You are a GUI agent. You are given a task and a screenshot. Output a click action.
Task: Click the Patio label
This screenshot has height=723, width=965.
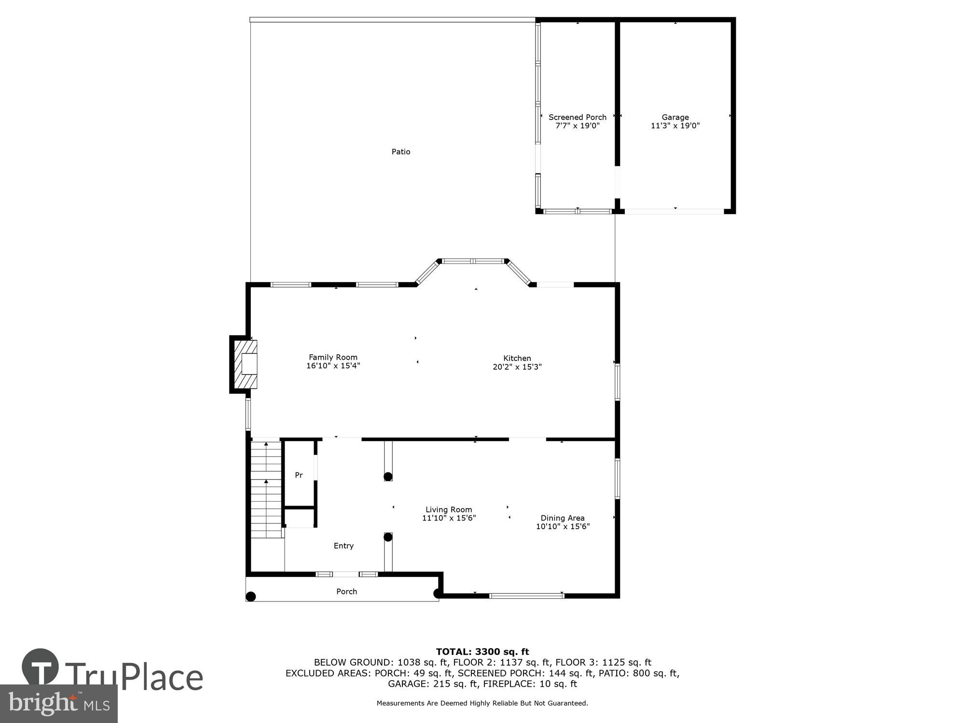click(400, 152)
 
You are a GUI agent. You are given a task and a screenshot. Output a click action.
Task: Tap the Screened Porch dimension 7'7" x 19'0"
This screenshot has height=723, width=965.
click(577, 126)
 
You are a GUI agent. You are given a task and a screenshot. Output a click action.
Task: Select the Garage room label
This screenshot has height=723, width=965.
click(675, 117)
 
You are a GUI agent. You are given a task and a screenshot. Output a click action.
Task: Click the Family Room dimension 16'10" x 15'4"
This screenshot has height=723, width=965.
click(333, 366)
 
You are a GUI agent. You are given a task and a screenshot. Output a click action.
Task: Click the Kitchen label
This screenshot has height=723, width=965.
click(517, 358)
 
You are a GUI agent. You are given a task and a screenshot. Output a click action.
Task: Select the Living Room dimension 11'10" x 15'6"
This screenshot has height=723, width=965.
click(449, 518)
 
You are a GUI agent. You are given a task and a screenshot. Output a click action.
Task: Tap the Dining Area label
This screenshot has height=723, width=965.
click(562, 518)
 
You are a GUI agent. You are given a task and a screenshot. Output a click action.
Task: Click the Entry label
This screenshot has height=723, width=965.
click(344, 546)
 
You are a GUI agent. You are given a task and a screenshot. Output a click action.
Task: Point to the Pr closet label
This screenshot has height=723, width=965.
click(299, 475)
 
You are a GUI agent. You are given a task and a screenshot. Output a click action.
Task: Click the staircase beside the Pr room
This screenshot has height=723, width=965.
click(266, 489)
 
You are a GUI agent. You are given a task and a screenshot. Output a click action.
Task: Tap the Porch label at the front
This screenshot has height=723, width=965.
click(346, 591)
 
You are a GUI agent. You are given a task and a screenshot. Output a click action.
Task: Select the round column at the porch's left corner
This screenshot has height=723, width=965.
click(250, 597)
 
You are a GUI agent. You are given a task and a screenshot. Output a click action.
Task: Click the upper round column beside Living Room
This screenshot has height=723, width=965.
click(388, 477)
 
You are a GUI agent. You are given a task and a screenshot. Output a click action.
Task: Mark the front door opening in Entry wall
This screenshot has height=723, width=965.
click(345, 574)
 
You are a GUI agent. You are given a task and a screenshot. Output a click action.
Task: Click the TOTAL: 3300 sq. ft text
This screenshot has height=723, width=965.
click(482, 652)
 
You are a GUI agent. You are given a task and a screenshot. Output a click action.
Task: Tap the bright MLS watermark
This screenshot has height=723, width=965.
click(58, 704)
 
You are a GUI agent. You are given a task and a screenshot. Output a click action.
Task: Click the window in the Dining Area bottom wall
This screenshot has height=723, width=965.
click(526, 596)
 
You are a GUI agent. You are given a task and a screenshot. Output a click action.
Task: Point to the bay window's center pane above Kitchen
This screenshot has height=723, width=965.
click(473, 261)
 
